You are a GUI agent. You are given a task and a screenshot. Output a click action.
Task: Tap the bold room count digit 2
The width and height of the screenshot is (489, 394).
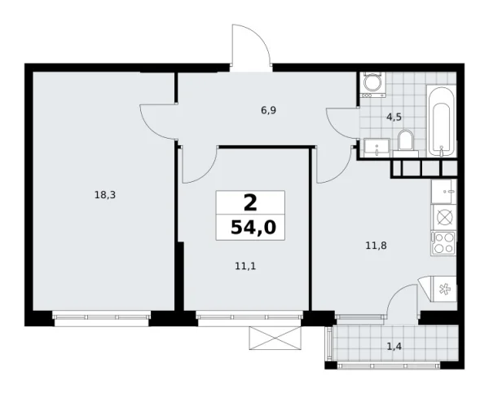coord(251,202)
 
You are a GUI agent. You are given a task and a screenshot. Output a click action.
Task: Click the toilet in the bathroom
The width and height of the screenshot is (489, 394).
coord(407,141)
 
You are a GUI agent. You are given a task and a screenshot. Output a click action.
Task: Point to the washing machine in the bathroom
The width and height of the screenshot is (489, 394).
coord(372,85)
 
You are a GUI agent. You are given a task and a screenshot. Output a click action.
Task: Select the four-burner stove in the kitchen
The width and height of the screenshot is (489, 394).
coord(445,241)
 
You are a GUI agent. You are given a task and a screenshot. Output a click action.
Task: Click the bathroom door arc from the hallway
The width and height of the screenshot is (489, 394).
coord(342,122)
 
